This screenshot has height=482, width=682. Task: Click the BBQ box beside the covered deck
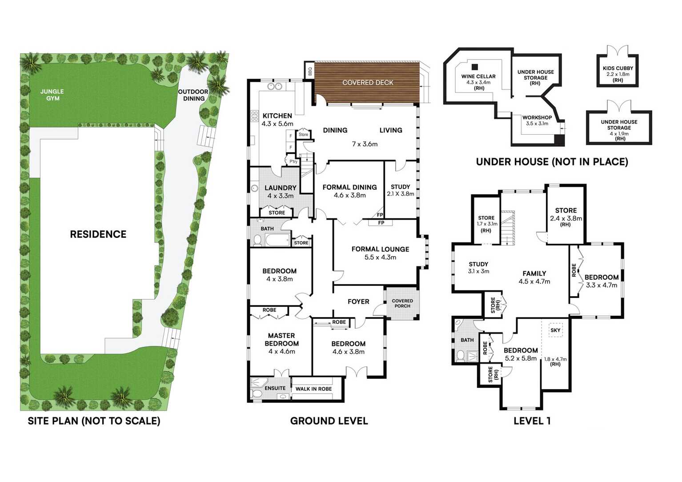(x=309, y=71)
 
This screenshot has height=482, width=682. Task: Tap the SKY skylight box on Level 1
(x=555, y=330)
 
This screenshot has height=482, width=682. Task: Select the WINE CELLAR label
(x=478, y=76)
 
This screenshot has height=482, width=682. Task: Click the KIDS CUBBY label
(x=618, y=68)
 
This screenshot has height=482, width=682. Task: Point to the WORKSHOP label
(x=537, y=117)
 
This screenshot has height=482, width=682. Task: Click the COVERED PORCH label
(x=402, y=303)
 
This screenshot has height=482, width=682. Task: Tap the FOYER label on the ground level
(x=358, y=301)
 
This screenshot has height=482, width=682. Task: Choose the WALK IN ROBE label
(x=313, y=389)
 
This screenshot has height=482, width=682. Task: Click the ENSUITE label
(x=275, y=388)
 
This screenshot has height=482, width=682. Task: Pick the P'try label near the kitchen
(x=293, y=161)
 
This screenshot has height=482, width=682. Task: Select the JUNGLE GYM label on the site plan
(x=52, y=95)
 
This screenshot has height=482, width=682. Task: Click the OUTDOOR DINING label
(x=193, y=95)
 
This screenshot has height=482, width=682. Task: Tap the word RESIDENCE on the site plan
(x=98, y=234)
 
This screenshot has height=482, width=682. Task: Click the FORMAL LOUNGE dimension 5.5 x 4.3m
(x=380, y=257)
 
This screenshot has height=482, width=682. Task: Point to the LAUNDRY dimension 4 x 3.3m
(x=281, y=196)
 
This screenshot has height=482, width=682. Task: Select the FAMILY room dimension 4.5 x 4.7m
(x=534, y=281)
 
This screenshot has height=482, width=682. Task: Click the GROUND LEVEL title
(x=329, y=421)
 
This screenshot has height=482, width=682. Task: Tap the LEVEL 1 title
(x=532, y=421)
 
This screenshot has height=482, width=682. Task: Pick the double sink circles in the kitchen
(x=275, y=87)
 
